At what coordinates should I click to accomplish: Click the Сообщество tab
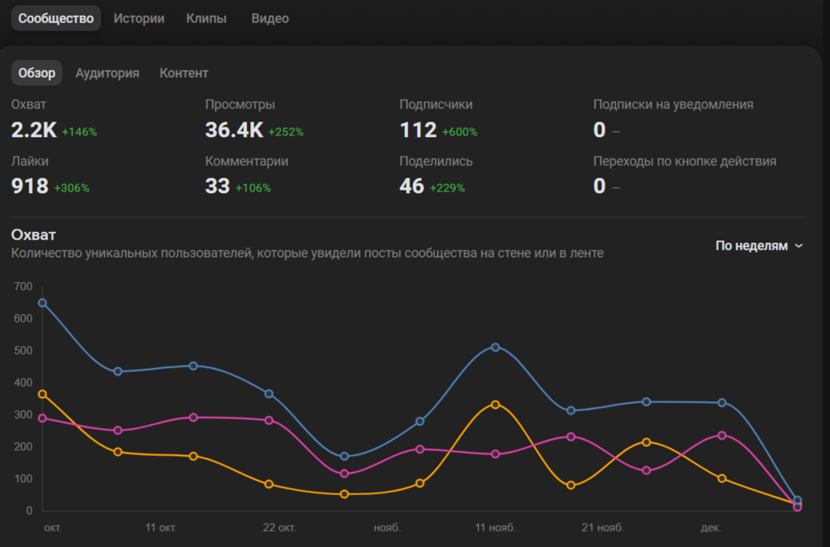(56, 18)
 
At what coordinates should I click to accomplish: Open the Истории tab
(138, 18)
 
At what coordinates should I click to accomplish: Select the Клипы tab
(206, 18)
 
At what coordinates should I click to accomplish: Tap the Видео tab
(270, 18)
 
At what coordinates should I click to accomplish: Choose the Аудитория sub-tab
(107, 73)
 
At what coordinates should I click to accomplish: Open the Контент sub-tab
(184, 73)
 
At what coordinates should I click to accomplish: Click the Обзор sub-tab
(36, 73)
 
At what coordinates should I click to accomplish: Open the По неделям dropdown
(759, 245)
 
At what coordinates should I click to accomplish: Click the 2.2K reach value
(34, 130)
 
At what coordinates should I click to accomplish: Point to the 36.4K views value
(234, 130)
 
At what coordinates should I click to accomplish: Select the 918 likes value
(30, 186)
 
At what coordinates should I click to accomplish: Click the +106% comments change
(253, 188)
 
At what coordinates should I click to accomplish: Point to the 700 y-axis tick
(23, 286)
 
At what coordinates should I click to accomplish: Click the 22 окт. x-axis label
(279, 527)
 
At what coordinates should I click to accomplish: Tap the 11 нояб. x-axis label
(496, 527)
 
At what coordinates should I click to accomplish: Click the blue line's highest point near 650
(42, 303)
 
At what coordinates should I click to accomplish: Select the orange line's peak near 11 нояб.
(496, 404)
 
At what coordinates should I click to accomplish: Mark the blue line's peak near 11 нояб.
(496, 347)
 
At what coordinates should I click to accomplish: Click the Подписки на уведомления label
(673, 104)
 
